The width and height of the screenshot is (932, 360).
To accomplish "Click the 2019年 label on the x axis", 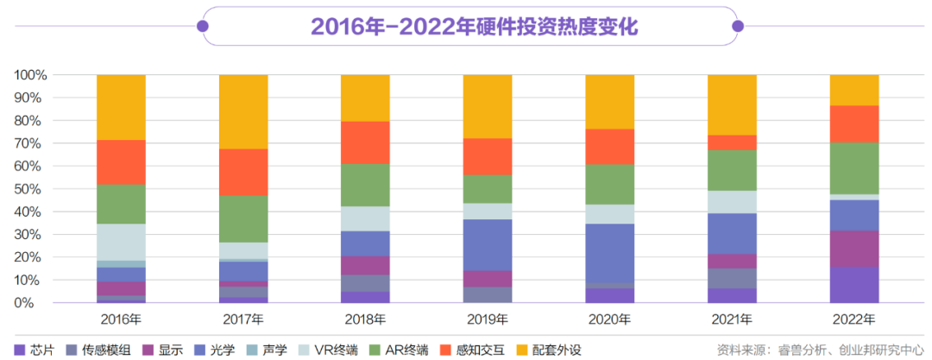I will click(488, 319).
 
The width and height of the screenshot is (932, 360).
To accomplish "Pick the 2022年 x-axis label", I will click(853, 319).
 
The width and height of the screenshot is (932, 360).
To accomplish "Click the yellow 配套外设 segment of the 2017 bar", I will click(243, 111).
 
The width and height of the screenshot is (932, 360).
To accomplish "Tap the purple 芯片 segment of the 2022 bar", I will click(854, 285).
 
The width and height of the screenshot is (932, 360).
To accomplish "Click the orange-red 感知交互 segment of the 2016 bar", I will click(121, 161).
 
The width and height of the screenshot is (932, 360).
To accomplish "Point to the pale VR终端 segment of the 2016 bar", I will click(121, 242).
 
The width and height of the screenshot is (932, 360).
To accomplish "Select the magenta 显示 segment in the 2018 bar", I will click(366, 265).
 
